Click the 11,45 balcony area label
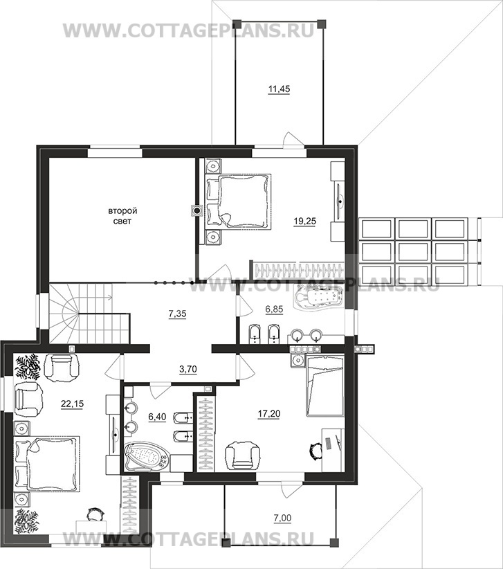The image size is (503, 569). coord(279,89)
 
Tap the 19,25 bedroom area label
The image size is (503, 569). coord(305,221)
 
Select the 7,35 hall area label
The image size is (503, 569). coord(177,313)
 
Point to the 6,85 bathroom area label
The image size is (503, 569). coord(274,309)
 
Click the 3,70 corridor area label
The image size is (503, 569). coord(188,370)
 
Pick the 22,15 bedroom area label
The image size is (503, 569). coord(72,404)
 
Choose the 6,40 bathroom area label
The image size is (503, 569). coord(157,417)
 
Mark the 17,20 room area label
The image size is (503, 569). coord(268,413)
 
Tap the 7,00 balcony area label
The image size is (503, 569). coord(282,518)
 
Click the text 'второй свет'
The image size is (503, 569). coord(122,216)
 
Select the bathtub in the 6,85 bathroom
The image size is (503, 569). coord(320,298)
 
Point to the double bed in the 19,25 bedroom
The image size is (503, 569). coord(239,201)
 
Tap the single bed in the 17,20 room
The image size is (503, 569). coord(325,386)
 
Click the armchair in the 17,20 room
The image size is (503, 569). coord(243,455)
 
